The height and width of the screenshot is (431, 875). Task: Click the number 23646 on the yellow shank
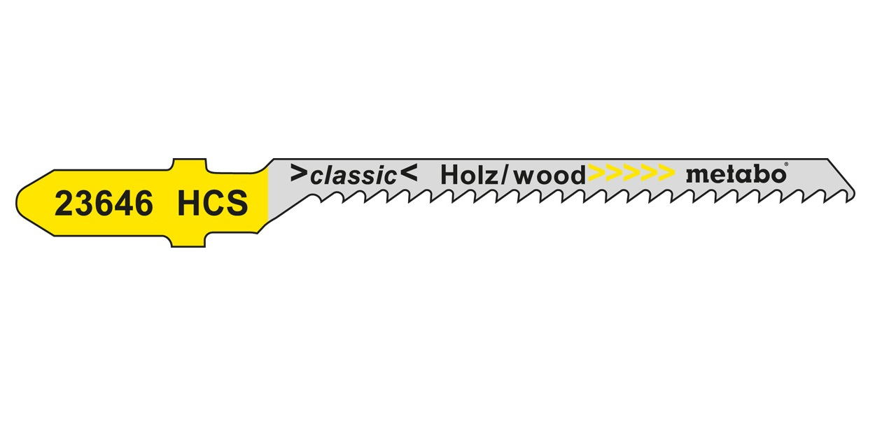click(104, 204)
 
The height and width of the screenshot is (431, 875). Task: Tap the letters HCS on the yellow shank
click(213, 204)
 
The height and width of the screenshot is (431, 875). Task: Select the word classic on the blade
click(353, 176)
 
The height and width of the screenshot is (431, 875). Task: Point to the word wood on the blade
click(550, 176)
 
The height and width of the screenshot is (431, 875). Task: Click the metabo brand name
click(736, 174)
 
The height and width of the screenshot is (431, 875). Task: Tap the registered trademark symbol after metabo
click(786, 164)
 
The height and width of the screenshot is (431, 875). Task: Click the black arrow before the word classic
click(299, 174)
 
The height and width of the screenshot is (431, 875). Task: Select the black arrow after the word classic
click(409, 174)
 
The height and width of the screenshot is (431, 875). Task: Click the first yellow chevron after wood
click(596, 174)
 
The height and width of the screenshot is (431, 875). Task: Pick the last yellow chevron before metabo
click(666, 174)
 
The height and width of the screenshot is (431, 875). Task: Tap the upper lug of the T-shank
click(189, 164)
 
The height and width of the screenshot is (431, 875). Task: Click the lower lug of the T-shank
click(188, 241)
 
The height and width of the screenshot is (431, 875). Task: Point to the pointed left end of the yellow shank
click(16, 203)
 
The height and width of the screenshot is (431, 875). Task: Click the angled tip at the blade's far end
click(855, 193)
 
